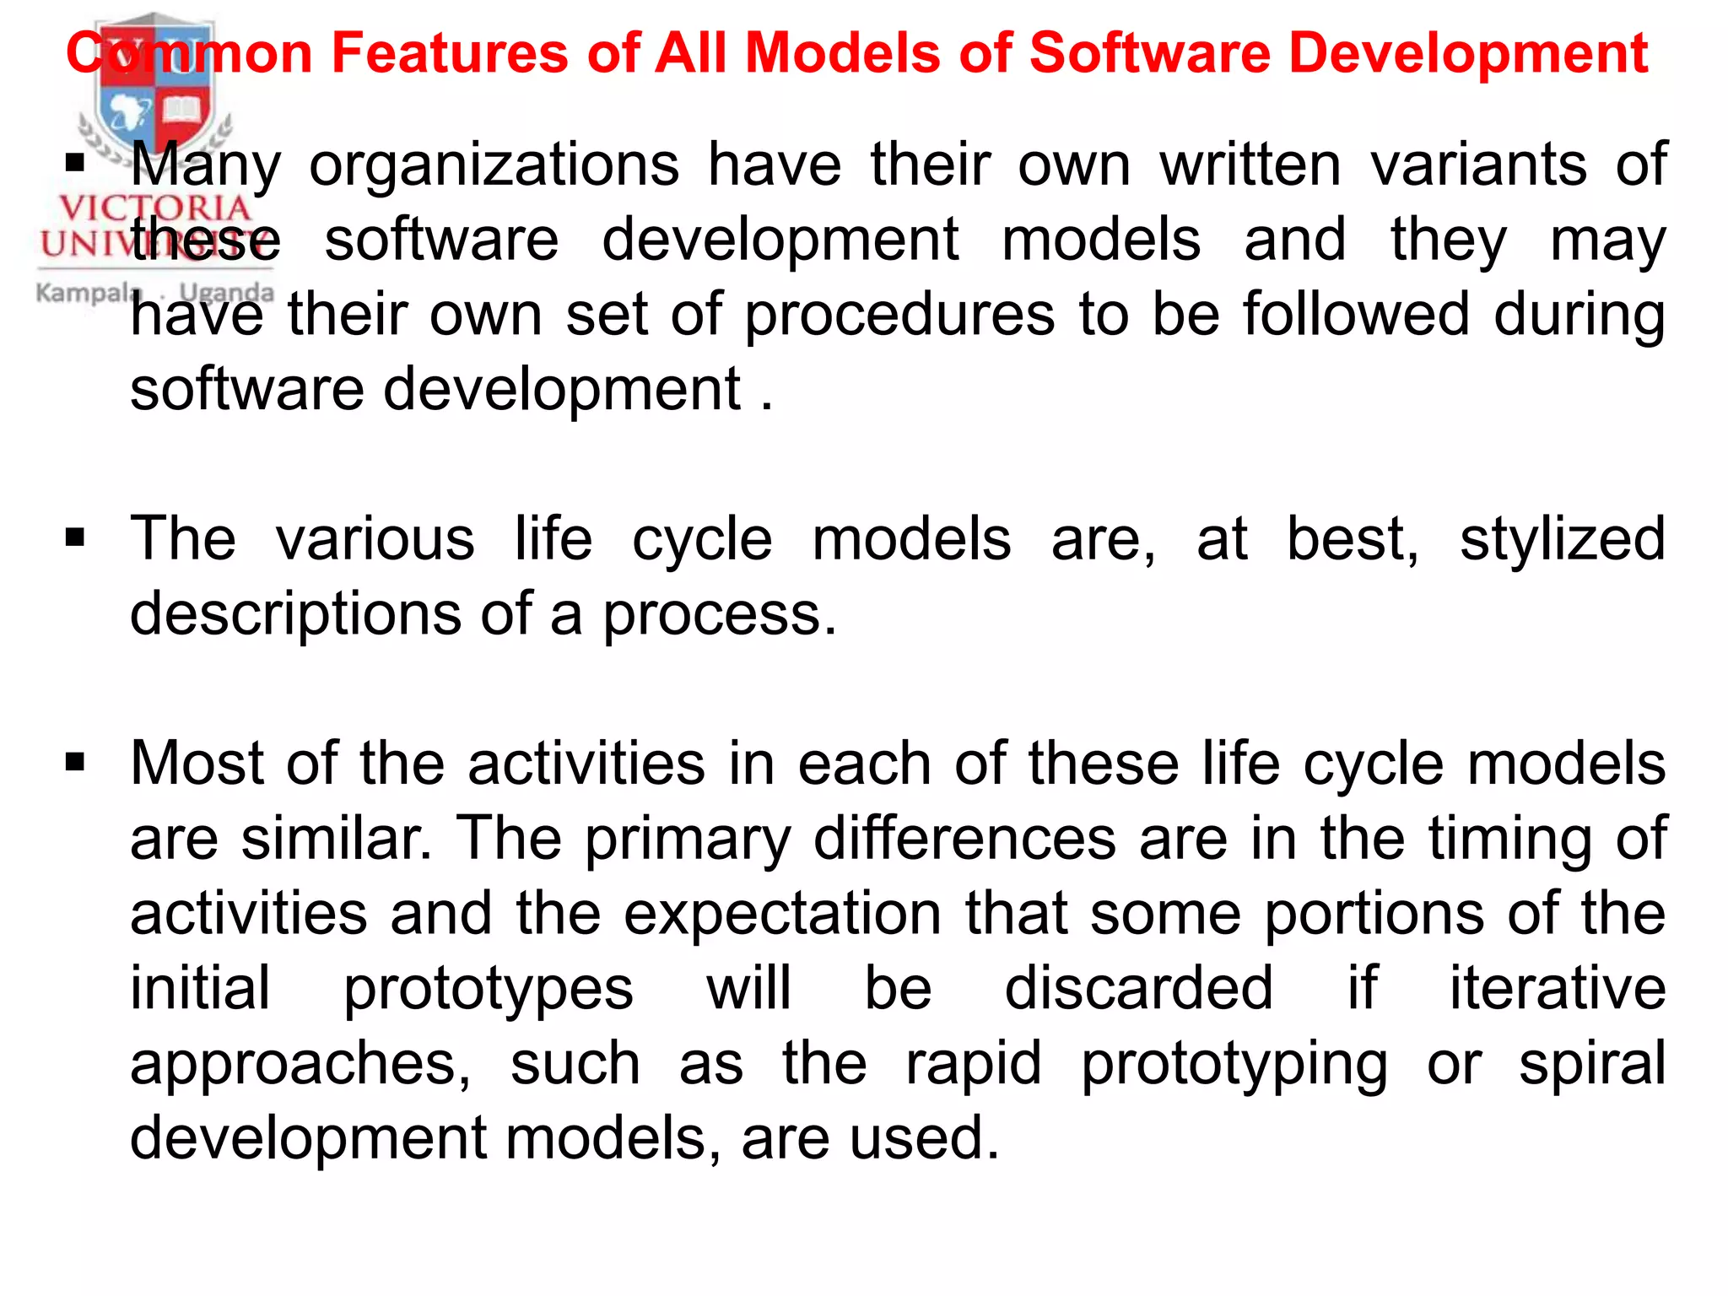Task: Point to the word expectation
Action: coord(782,914)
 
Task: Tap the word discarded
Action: coord(1138,988)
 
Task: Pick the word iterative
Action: coord(1558,988)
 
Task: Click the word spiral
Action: coord(1592,1063)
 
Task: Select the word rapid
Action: coord(974,1063)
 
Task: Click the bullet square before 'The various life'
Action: coord(76,537)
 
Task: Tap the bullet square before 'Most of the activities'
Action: coord(76,763)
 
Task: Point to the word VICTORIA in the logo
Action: coord(155,208)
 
